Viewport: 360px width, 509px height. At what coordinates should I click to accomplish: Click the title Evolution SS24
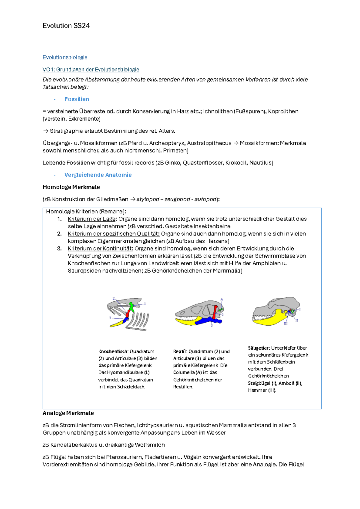pyautogui.click(x=66, y=26)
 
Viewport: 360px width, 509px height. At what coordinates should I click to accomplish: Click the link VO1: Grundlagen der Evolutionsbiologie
pyautogui.click(x=91, y=70)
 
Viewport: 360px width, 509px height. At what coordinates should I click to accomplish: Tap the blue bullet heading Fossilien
pyautogui.click(x=76, y=99)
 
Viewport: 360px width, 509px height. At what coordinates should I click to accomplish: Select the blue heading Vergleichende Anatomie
pyautogui.click(x=98, y=175)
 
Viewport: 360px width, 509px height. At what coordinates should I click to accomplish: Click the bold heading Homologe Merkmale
pyautogui.click(x=71, y=187)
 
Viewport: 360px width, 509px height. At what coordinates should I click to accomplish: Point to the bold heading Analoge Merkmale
pyautogui.click(x=68, y=413)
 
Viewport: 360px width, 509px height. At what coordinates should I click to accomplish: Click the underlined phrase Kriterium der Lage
pyautogui.click(x=91, y=219)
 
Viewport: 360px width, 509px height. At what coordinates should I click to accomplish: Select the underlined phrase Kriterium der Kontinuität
pyautogui.click(x=100, y=248)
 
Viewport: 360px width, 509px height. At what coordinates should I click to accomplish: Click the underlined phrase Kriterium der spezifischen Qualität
pyautogui.click(x=113, y=234)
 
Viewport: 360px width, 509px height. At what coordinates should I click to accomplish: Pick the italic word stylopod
pyautogui.click(x=148, y=200)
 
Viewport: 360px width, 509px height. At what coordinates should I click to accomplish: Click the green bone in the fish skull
pyautogui.click(x=131, y=306)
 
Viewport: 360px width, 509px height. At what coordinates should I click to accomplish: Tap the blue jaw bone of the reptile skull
pyautogui.click(x=207, y=321)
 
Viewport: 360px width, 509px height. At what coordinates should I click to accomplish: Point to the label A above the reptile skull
pyautogui.click(x=222, y=299)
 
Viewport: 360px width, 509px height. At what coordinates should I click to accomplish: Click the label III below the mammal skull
pyautogui.click(x=286, y=324)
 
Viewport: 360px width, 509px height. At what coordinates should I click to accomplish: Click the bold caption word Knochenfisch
pyautogui.click(x=113, y=351)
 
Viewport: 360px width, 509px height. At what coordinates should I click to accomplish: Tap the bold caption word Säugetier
pyautogui.click(x=259, y=348)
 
